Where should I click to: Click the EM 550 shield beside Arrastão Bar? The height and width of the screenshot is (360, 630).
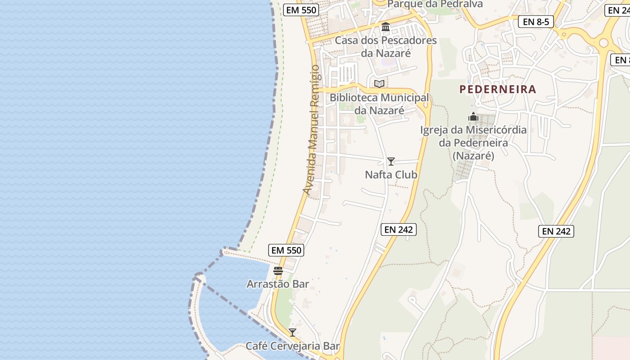[286, 250]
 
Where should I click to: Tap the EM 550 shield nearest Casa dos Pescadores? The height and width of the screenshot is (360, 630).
[301, 10]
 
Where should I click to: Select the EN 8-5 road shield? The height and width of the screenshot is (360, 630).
[535, 21]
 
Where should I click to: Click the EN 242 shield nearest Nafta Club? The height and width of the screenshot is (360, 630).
[399, 229]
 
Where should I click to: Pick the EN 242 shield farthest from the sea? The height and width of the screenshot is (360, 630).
[556, 231]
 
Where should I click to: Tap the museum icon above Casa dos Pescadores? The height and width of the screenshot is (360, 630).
[386, 27]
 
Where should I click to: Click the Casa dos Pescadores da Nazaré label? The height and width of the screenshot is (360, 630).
[386, 47]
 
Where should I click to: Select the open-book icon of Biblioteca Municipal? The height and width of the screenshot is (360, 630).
[379, 84]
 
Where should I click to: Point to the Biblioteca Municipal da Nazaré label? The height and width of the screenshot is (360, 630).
[379, 104]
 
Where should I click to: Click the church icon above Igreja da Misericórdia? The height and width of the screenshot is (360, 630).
[473, 117]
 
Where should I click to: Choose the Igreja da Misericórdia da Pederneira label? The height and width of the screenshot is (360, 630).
[473, 143]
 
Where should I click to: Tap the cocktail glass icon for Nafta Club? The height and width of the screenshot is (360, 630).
[391, 162]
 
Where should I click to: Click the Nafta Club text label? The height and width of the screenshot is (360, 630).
[391, 175]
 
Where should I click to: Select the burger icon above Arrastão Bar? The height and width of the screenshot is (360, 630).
[278, 271]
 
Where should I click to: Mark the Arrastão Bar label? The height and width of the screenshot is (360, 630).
[278, 284]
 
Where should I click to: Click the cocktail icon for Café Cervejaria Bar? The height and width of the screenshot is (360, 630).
[292, 333]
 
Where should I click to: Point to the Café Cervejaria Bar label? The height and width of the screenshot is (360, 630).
[292, 346]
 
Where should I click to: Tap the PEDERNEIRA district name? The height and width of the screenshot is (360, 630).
[498, 89]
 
